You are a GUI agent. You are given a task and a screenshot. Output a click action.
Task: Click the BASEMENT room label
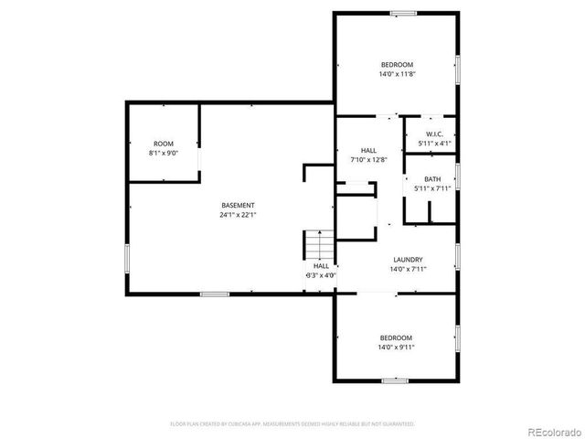[238, 205]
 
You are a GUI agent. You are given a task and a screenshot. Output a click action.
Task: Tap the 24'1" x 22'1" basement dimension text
[238, 215]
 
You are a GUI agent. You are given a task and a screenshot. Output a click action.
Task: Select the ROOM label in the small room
[163, 144]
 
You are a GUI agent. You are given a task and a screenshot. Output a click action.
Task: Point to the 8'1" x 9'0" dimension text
[163, 154]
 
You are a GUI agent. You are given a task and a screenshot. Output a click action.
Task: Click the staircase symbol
[315, 245]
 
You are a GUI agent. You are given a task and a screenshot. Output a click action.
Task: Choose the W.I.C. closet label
[433, 134]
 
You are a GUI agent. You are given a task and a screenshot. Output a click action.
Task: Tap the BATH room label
[432, 179]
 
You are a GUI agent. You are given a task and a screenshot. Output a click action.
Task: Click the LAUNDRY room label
[409, 259]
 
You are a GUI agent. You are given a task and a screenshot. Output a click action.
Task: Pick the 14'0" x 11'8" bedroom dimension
[396, 74]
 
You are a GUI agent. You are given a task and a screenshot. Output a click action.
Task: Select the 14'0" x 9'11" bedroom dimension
[396, 347]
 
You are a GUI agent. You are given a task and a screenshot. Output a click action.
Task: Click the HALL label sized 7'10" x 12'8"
[368, 150]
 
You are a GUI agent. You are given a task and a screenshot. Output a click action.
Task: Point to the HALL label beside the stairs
[321, 265]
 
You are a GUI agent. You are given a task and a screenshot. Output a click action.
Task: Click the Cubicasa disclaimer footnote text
[292, 423]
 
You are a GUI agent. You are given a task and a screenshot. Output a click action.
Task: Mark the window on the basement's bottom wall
[214, 294]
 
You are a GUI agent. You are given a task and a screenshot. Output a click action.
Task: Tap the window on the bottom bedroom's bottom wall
[394, 380]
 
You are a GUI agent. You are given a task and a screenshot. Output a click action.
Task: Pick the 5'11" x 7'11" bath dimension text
[432, 189]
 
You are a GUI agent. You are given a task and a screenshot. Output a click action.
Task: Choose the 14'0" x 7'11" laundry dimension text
[409, 269]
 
